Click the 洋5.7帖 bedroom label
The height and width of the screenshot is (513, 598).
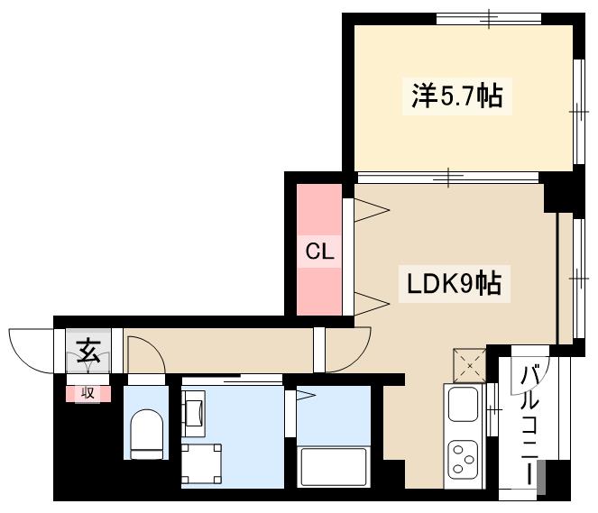coord(457,96)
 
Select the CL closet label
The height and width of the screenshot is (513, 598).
coord(318,252)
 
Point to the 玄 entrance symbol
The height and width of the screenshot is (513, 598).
coord(88,350)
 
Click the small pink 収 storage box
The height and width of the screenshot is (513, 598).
coord(88,392)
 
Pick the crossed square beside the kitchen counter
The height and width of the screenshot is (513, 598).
coord(469,365)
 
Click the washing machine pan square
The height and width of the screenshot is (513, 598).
coord(201,464)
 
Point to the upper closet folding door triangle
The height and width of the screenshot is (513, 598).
coord(371,210)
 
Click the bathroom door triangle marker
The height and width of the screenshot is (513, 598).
coord(305,394)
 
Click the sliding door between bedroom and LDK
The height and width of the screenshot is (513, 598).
coord(451,177)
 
